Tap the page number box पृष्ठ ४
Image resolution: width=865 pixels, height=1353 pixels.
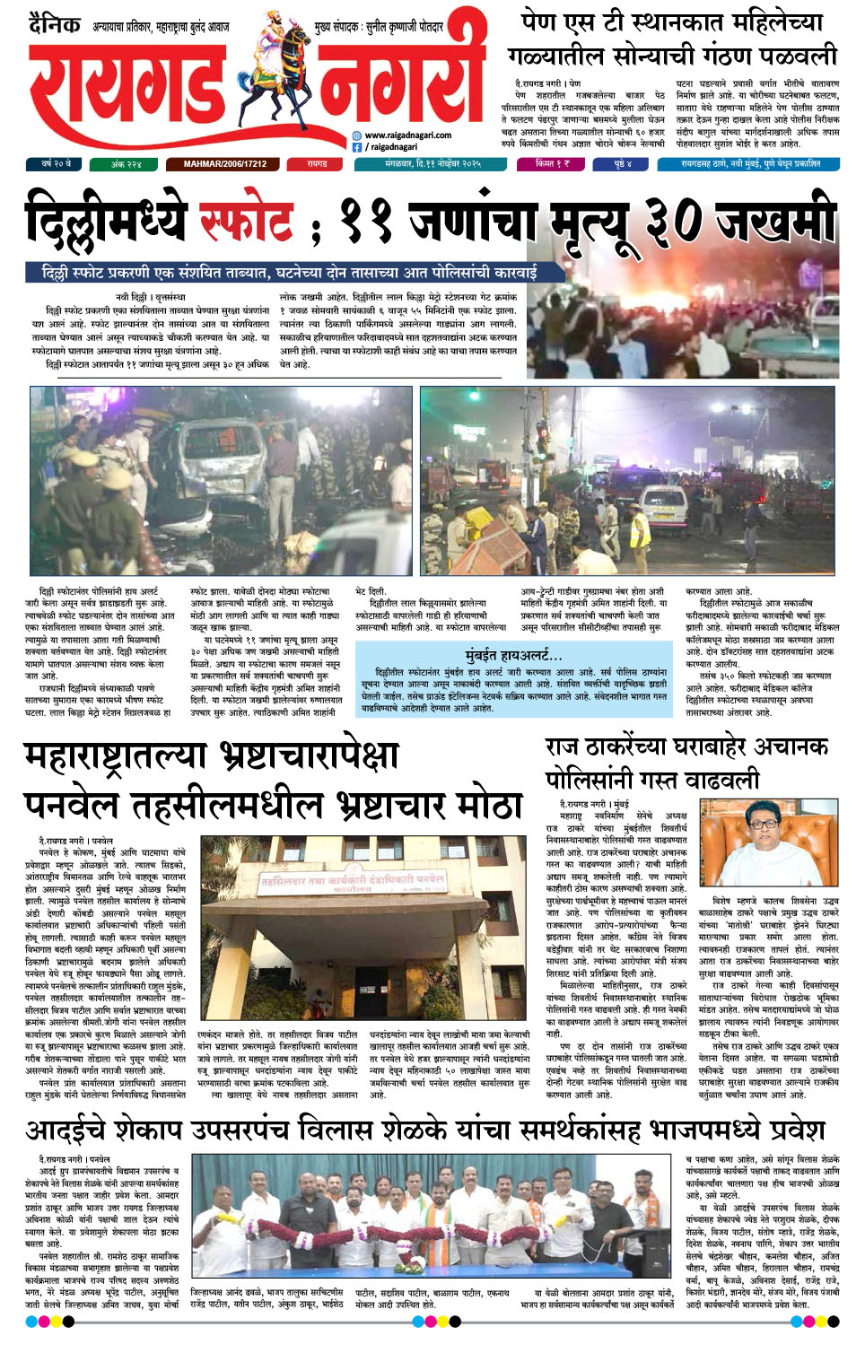point(623,164)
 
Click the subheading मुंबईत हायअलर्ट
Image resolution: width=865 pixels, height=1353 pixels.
point(513,655)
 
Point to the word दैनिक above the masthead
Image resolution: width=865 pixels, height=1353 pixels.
point(55,24)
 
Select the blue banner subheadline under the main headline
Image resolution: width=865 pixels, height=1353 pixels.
point(289,273)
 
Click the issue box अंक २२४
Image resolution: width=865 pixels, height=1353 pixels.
point(126,164)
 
